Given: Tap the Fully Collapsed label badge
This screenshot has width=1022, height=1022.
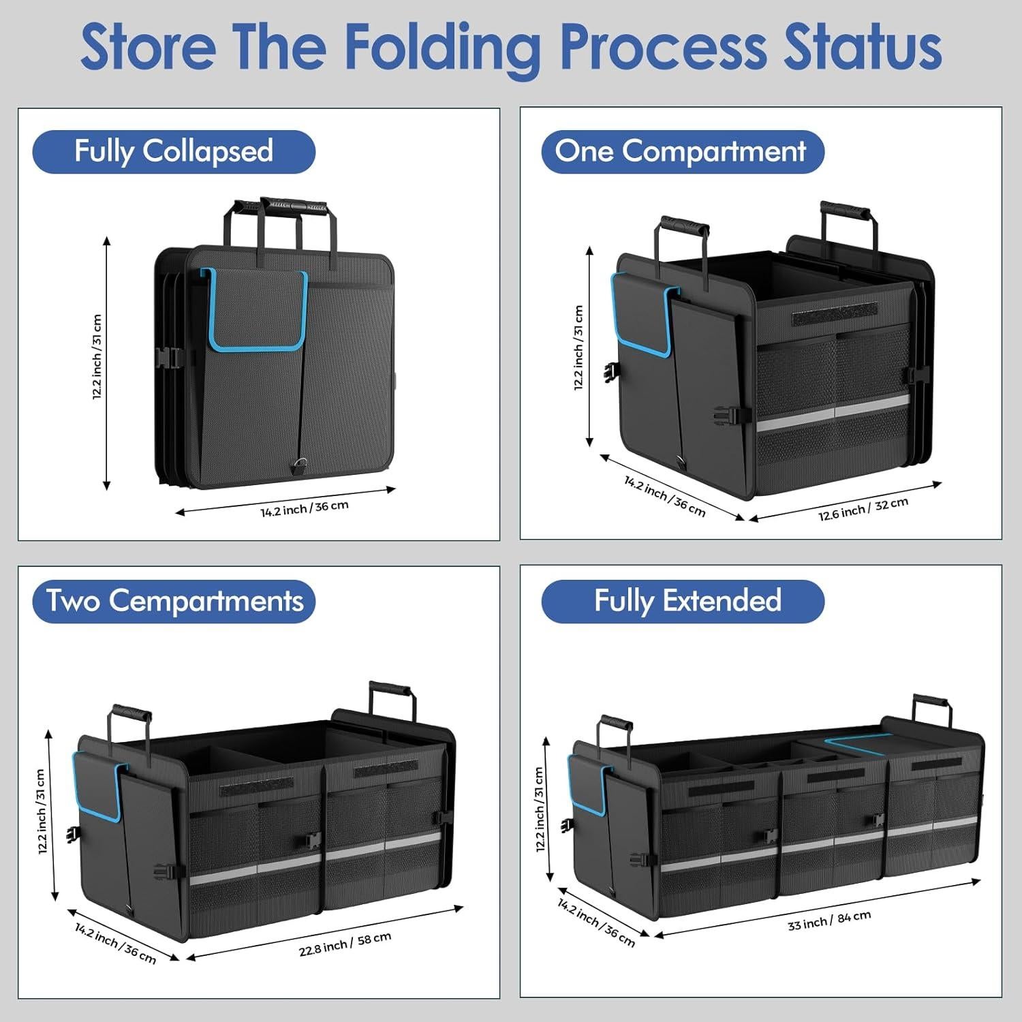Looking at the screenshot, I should (174, 151).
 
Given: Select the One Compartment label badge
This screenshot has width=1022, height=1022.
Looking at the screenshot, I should (682, 151).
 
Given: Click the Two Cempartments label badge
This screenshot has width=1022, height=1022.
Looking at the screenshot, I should (174, 601).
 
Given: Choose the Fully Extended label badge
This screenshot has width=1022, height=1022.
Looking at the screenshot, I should (683, 601).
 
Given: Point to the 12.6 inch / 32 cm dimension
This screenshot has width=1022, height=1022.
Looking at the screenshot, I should (863, 509).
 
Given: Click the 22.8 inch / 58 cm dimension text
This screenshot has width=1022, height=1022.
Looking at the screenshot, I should (345, 944).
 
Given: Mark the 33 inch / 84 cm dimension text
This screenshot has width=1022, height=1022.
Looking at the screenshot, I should (829, 920).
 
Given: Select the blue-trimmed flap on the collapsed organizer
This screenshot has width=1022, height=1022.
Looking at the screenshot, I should (258, 310).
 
